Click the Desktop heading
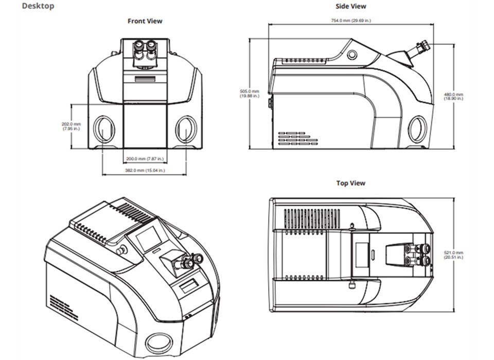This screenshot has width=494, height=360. [38, 7]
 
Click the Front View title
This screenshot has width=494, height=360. [145, 21]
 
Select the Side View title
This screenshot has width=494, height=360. [350, 6]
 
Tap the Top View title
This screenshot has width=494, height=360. [350, 183]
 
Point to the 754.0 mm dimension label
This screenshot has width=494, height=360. [350, 21]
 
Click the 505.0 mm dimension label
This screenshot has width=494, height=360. [250, 94]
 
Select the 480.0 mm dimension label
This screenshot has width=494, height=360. [454, 96]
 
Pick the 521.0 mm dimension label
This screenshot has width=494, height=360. [454, 255]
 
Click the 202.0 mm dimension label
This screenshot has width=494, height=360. [71, 126]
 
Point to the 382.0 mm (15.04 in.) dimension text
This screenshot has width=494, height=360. [145, 170]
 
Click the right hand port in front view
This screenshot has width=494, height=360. [186, 129]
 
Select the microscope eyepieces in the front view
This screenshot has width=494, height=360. [145, 51]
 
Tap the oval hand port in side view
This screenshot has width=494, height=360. [417, 129]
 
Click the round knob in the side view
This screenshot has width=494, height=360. [352, 54]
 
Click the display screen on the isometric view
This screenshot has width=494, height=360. [146, 239]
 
